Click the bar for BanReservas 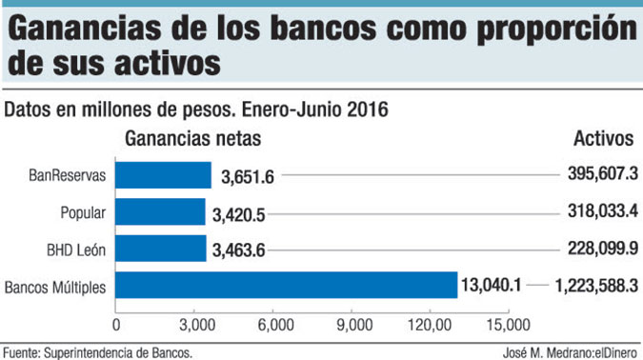click(163, 175)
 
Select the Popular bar click(160, 211)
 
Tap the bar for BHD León click(160, 249)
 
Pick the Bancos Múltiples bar click(287, 285)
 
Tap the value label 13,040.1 click(492, 286)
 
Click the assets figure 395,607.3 click(596, 176)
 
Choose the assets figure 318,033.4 click(596, 212)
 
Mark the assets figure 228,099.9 click(596, 250)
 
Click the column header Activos click(603, 139)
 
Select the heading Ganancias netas click(193, 139)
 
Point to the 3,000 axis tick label click(194, 324)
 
